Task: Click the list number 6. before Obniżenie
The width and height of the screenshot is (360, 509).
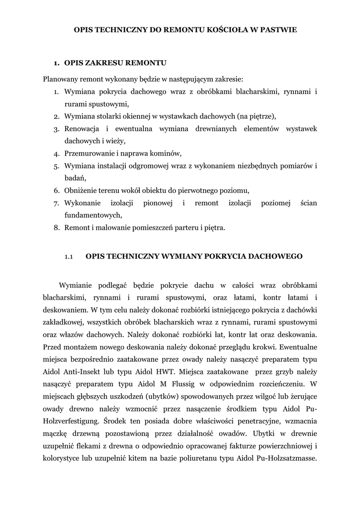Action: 57,191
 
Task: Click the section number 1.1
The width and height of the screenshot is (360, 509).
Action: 69,256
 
